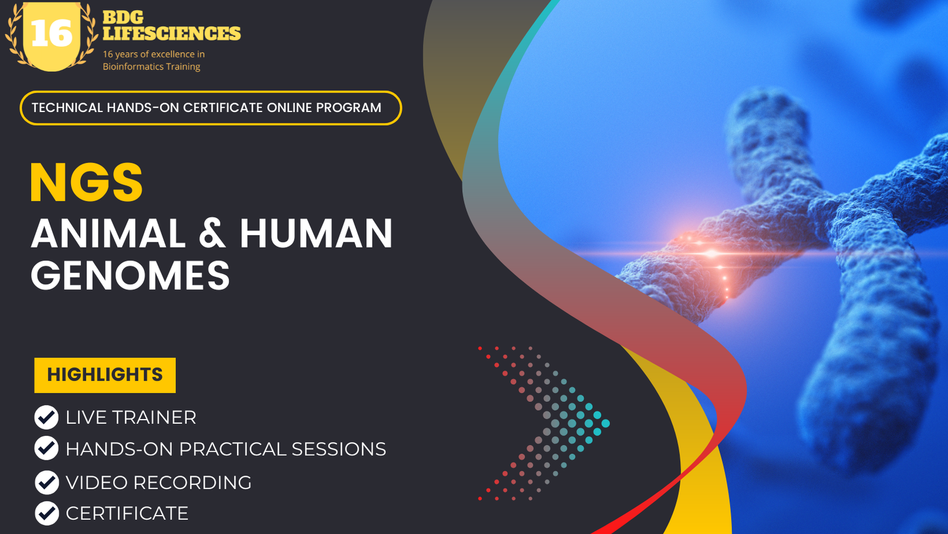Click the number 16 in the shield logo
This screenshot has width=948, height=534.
[x=52, y=34]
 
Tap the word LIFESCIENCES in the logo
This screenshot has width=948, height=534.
[x=172, y=33]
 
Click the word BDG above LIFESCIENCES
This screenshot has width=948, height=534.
[x=123, y=18]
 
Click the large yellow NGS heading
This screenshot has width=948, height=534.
[x=87, y=183]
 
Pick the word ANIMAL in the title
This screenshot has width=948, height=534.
[x=108, y=234]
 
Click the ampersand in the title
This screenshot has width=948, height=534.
[x=213, y=234]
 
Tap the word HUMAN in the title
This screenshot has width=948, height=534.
[x=316, y=234]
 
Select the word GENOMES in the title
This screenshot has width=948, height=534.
[x=130, y=276]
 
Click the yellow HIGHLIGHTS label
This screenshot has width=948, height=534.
[x=105, y=375]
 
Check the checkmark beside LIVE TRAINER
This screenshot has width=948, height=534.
[x=46, y=417]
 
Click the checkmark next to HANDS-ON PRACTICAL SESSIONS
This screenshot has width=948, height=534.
[x=46, y=449]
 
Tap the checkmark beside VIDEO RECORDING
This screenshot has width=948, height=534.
[x=46, y=482]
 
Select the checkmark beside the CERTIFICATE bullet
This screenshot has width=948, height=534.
[x=46, y=513]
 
